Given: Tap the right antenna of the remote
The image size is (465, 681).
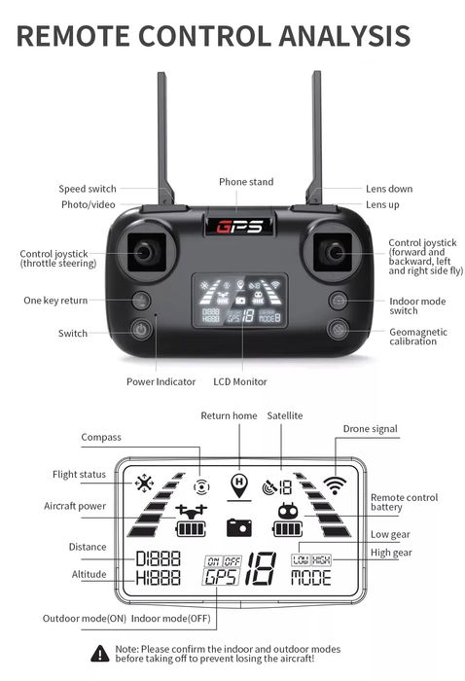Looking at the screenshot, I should point(314,136).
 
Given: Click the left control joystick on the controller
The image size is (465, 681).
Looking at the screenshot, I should point(144,253).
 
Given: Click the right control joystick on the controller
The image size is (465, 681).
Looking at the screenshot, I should point(334,253).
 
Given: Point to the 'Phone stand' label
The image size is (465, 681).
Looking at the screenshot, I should point(246,182).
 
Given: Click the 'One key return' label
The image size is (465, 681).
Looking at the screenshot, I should point(55,301).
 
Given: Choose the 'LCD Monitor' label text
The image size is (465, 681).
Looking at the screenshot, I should point(240,381).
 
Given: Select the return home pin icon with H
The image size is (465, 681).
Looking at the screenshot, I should point(238,483).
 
